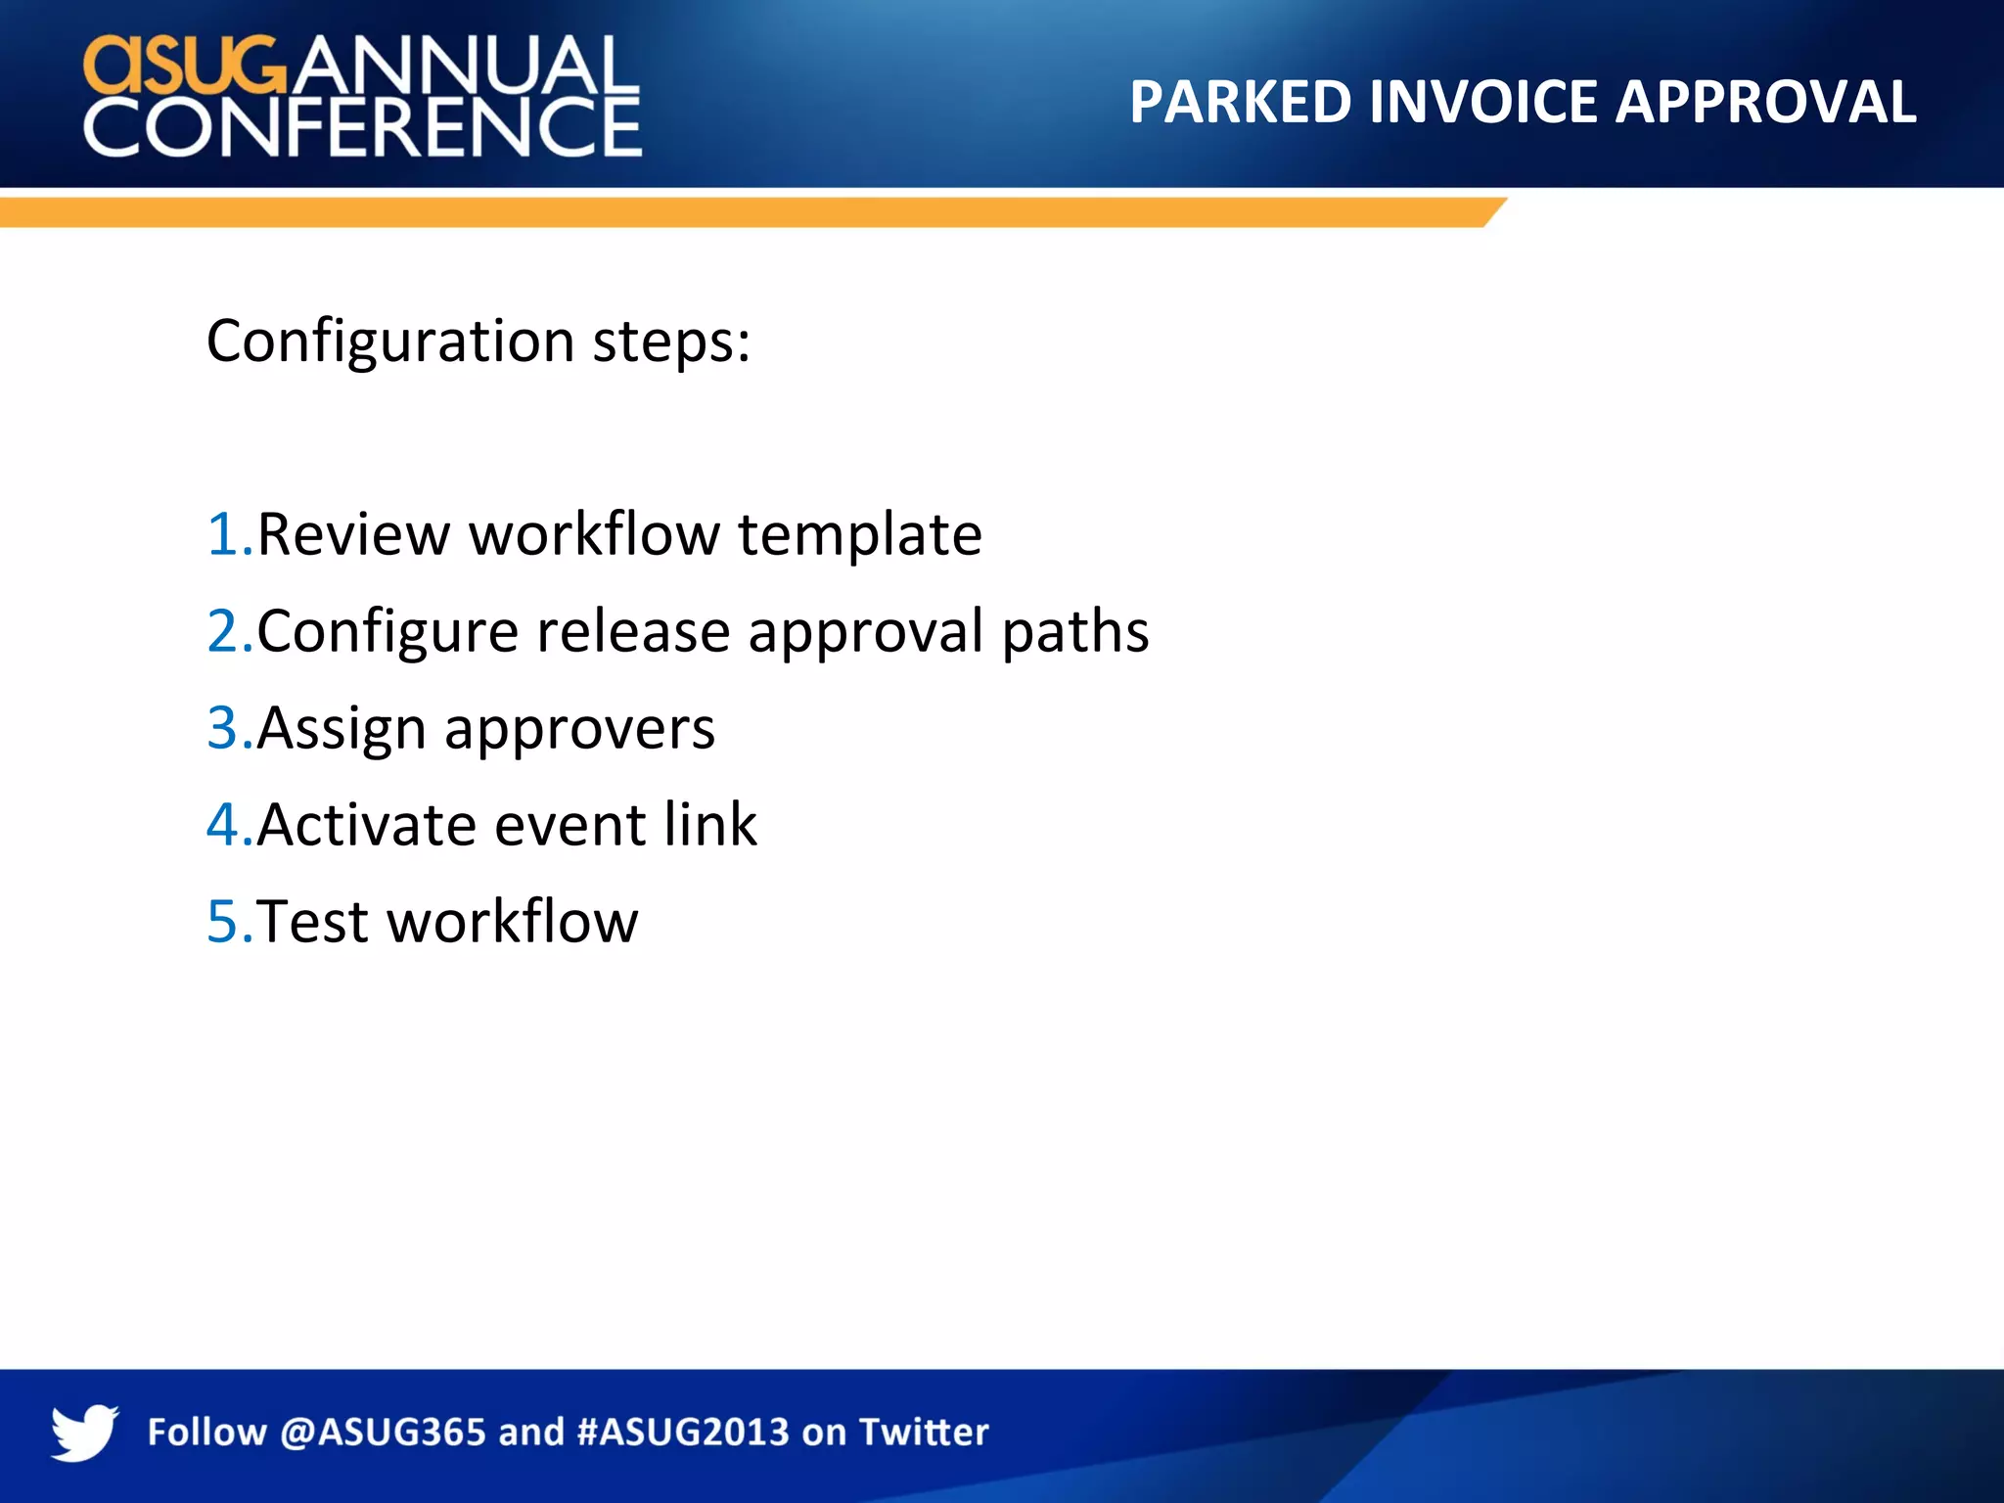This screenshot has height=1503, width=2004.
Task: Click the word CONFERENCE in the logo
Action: pyautogui.click(x=362, y=128)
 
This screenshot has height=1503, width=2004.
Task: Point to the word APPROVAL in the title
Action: pyautogui.click(x=1765, y=102)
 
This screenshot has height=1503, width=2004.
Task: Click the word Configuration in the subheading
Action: pyautogui.click(x=390, y=342)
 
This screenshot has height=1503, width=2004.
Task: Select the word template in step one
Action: pyautogui.click(x=859, y=535)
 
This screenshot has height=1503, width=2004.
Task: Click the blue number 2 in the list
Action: pyautogui.click(x=226, y=632)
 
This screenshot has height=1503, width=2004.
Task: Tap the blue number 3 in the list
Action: pyautogui.click(x=226, y=729)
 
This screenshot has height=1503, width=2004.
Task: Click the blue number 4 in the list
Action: pyautogui.click(x=226, y=825)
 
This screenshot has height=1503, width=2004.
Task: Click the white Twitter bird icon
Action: pyautogui.click(x=84, y=1432)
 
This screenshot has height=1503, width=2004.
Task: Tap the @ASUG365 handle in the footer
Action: pyautogui.click(x=383, y=1433)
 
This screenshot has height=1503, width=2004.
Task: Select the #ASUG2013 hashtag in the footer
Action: pyautogui.click(x=683, y=1433)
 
